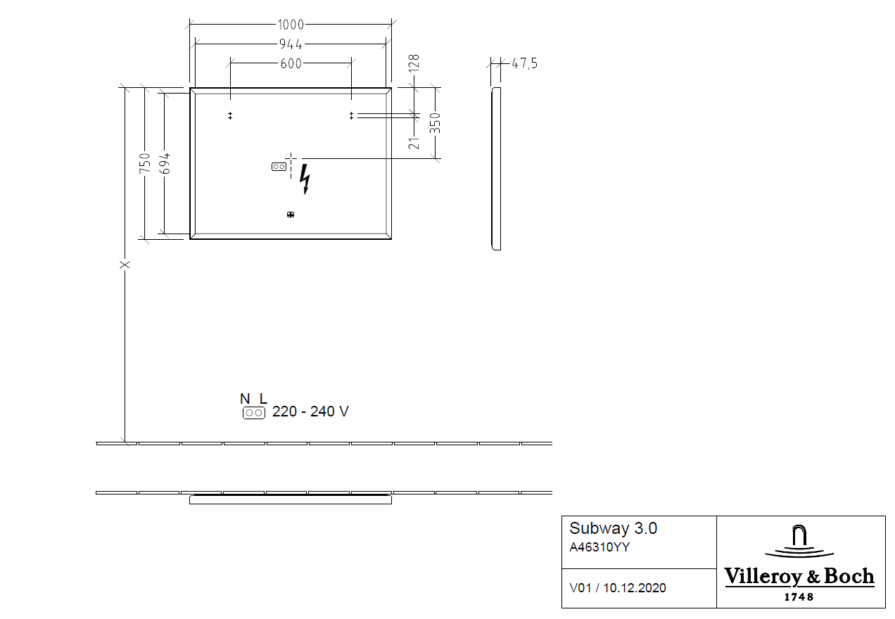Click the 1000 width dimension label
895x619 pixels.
click(x=291, y=25)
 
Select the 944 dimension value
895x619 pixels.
click(x=291, y=44)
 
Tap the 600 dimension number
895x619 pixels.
click(x=291, y=63)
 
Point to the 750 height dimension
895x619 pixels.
click(x=145, y=163)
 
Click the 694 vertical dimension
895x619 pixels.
click(x=164, y=163)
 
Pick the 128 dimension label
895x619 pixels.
click(x=414, y=63)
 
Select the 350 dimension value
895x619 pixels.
click(x=435, y=123)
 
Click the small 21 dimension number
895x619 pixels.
click(x=414, y=143)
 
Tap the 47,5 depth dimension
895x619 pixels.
click(x=525, y=63)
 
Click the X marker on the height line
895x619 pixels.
click(x=125, y=264)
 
